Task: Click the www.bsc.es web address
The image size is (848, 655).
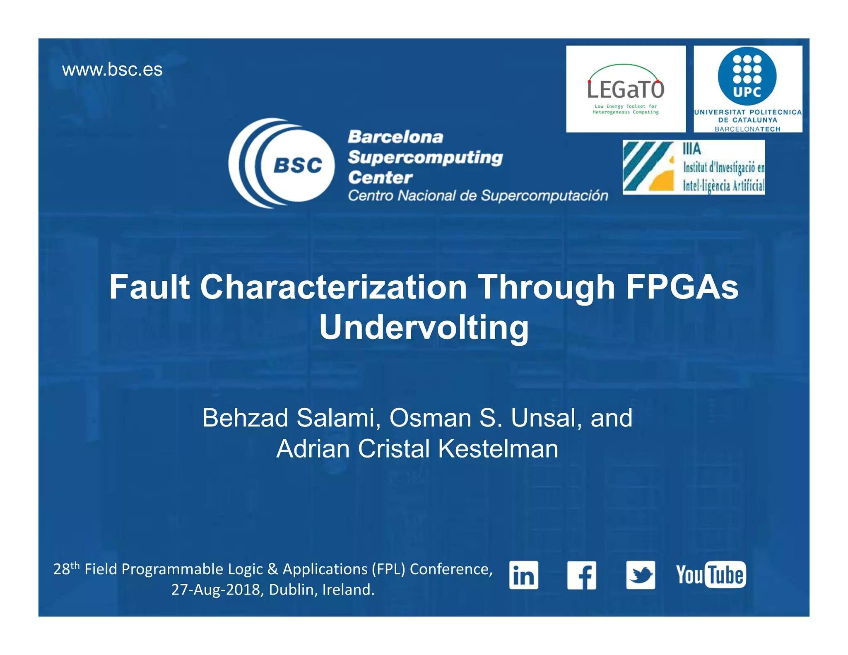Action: tap(112, 70)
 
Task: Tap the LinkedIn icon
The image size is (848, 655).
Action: tap(523, 575)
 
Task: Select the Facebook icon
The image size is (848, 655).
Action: tap(582, 575)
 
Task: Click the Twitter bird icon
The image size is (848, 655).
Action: tap(641, 575)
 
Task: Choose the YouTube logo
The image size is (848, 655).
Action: tap(711, 575)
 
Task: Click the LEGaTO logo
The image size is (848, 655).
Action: tap(626, 89)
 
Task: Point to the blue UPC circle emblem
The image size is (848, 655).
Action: tap(747, 76)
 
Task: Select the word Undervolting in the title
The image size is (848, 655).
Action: tap(424, 327)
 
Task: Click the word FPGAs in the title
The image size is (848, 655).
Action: tap(682, 287)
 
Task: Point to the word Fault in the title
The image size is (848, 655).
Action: tap(149, 287)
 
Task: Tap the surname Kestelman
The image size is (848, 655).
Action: tap(498, 449)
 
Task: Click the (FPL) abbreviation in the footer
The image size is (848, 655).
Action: tap(388, 570)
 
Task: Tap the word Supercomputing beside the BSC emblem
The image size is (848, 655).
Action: tap(425, 157)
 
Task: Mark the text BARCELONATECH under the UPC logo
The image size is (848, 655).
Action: tap(747, 129)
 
